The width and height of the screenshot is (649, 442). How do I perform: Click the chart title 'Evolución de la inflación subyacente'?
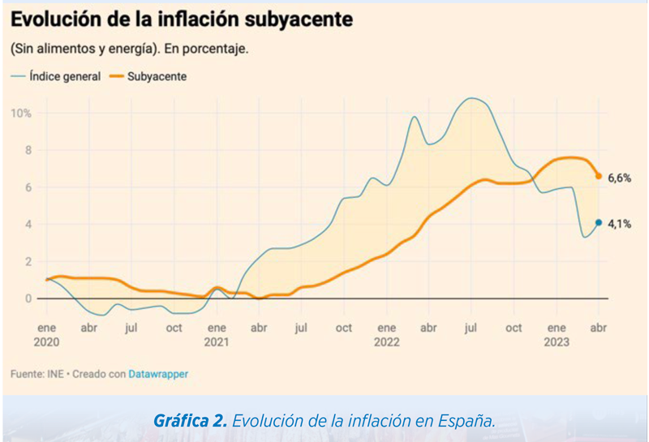click(x=182, y=20)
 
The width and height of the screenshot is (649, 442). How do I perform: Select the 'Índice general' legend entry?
click(x=56, y=76)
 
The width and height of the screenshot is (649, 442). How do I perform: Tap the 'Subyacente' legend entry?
click(x=148, y=76)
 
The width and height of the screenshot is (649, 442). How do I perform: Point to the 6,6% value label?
click(x=619, y=178)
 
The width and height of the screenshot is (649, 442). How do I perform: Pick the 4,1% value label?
click(x=619, y=225)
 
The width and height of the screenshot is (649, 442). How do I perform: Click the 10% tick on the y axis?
click(x=21, y=114)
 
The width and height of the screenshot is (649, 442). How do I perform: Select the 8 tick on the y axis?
click(x=28, y=150)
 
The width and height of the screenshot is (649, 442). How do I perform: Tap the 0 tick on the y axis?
click(x=28, y=298)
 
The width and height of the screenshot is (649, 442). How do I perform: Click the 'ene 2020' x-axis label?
click(x=46, y=335)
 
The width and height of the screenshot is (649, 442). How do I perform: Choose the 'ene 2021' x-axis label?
click(x=217, y=335)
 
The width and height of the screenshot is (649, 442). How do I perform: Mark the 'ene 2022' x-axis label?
click(x=387, y=335)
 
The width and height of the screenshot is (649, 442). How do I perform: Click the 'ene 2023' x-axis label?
click(x=557, y=335)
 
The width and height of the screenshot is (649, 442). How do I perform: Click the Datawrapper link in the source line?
click(x=158, y=374)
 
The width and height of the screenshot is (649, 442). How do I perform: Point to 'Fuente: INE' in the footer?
click(x=37, y=374)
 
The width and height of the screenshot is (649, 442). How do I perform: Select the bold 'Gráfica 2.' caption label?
click(x=190, y=421)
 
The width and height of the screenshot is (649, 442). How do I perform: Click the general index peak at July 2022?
click(x=472, y=98)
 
